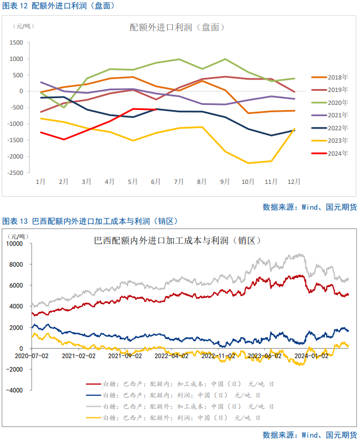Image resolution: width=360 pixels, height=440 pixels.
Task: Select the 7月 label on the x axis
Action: pos(179,182)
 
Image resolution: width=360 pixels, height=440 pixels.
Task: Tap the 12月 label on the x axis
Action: pos(294,182)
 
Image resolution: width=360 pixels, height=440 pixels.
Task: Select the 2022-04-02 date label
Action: pos(171,356)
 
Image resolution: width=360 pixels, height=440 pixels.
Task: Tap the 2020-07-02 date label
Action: pos(32,356)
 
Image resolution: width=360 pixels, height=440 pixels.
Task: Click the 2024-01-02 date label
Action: pos(310,356)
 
